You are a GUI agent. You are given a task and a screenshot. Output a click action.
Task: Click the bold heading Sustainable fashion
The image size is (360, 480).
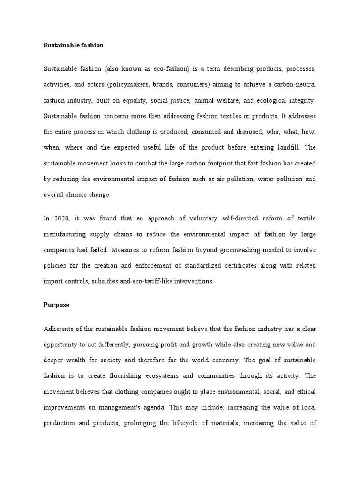(73, 45)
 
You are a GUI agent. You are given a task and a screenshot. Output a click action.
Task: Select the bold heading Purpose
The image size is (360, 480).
(56, 305)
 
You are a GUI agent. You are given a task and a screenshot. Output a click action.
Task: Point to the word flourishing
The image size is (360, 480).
(137, 375)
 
